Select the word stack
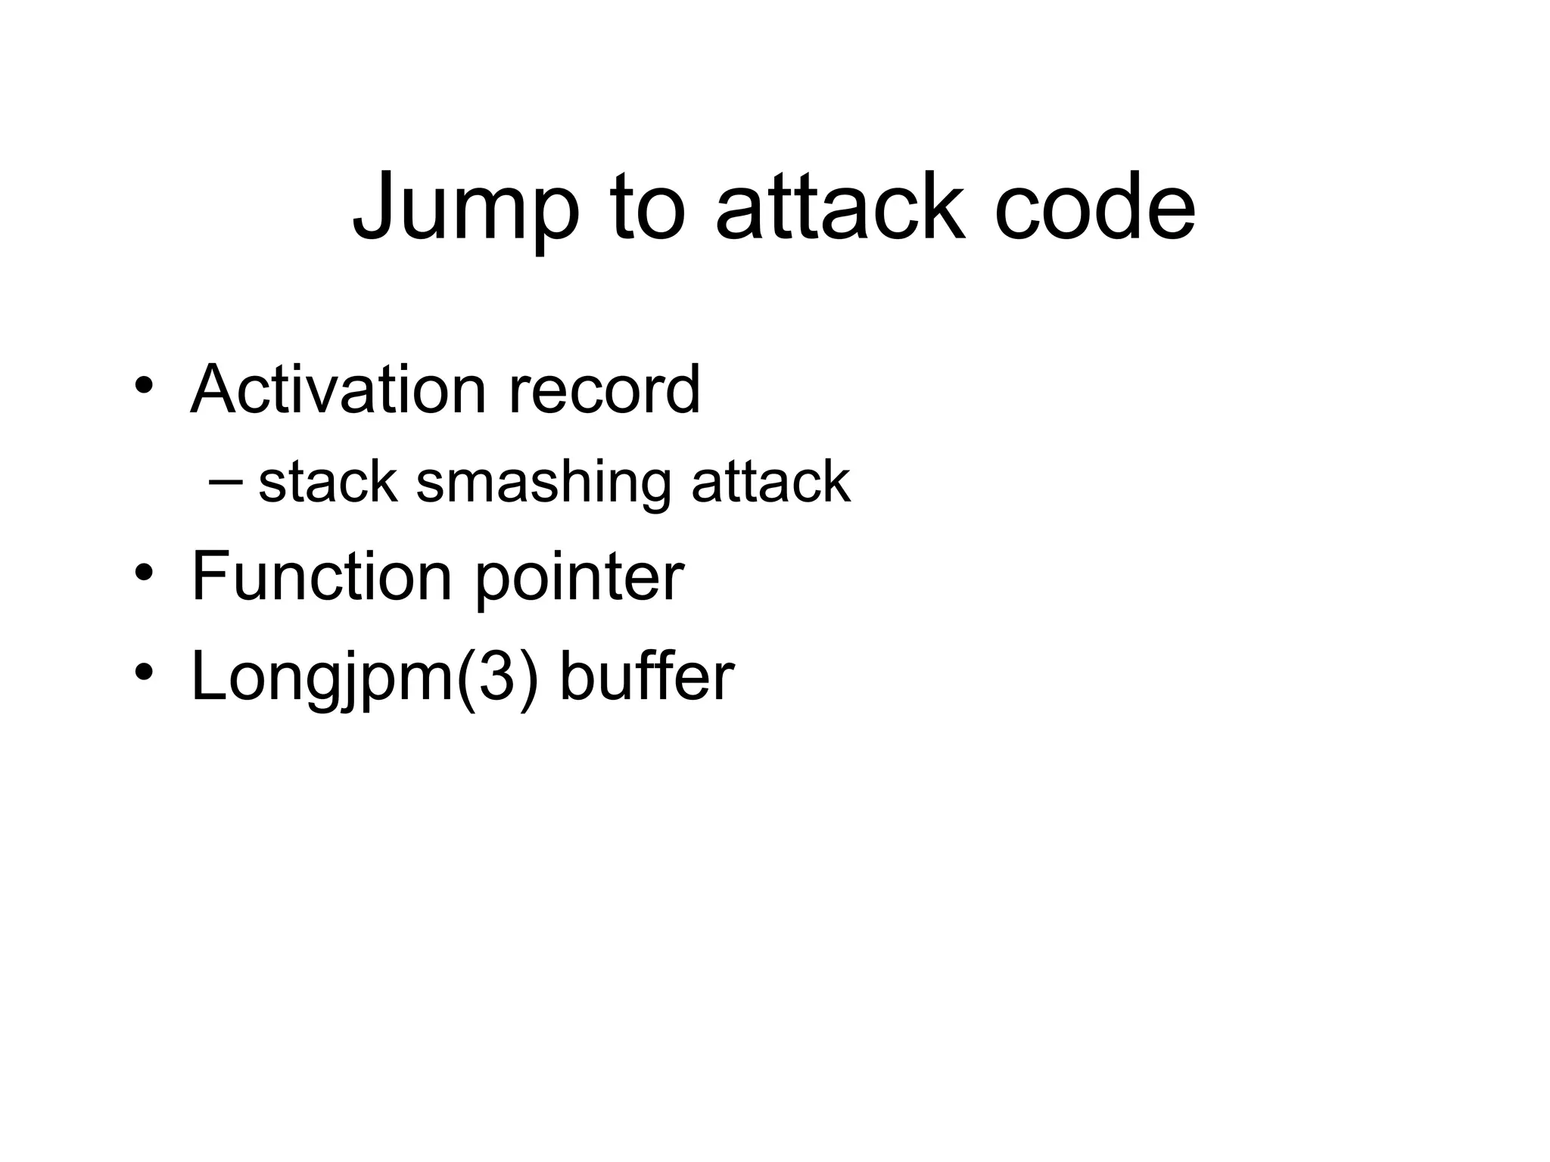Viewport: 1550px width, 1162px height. [328, 482]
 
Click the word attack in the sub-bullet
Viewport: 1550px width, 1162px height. [770, 482]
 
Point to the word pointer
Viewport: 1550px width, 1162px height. [579, 579]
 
